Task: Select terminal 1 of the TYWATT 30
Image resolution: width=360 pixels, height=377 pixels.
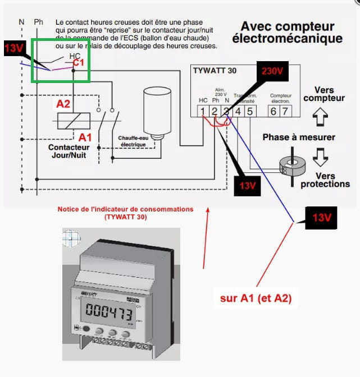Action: click(x=203, y=111)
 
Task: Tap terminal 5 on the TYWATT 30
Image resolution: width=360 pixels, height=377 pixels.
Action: click(x=250, y=111)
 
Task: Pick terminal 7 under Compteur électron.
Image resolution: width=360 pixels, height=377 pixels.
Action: click(x=285, y=111)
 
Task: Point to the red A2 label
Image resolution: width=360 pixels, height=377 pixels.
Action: click(x=63, y=104)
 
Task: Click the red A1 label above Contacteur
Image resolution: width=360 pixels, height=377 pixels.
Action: click(x=85, y=137)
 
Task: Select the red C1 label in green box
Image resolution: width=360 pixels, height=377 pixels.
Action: click(x=78, y=63)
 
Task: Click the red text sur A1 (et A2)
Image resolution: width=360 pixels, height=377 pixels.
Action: click(x=256, y=298)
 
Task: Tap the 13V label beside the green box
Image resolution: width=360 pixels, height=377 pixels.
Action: click(x=14, y=49)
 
